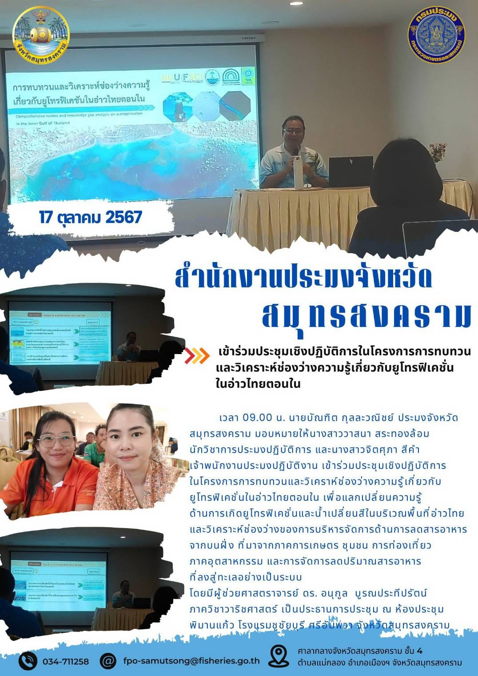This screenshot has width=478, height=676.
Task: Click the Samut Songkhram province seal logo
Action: pyautogui.click(x=41, y=35)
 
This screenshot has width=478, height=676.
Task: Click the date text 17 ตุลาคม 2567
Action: pyautogui.click(x=91, y=217)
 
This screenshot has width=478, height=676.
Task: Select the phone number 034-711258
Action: pyautogui.click(x=66, y=661)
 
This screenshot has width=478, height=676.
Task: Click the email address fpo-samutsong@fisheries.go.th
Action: pyautogui.click(x=191, y=660)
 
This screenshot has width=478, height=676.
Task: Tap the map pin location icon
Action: pyautogui.click(x=279, y=656)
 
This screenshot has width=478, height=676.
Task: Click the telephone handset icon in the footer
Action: pyautogui.click(x=28, y=661)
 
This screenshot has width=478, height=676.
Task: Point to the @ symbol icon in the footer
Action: pyautogui.click(x=108, y=661)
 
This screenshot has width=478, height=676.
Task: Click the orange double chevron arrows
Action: pyautogui.click(x=197, y=355)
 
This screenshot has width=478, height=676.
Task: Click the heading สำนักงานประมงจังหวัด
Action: pyautogui.click(x=303, y=277)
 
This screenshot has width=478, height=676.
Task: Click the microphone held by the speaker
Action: pyautogui.click(x=295, y=152)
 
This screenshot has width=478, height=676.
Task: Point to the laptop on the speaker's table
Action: pyautogui.click(x=350, y=171)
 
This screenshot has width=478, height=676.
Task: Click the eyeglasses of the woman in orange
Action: pyautogui.click(x=57, y=440)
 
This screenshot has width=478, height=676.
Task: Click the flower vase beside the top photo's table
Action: pyautogui.click(x=438, y=153)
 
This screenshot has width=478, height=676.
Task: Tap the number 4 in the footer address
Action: pyautogui.click(x=420, y=651)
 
